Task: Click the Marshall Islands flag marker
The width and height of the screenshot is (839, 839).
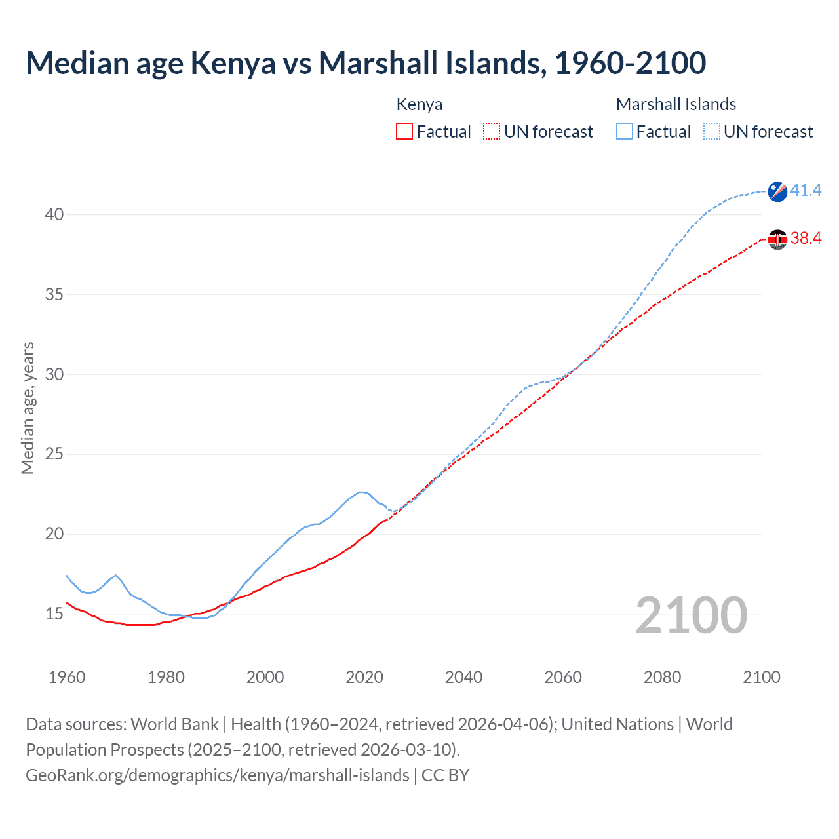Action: [x=777, y=191]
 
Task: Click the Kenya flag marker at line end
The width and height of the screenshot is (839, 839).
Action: [x=777, y=240]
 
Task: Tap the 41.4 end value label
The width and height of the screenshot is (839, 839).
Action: [x=806, y=191]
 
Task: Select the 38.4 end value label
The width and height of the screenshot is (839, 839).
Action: [x=806, y=239]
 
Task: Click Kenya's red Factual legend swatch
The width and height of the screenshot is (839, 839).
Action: [x=404, y=131]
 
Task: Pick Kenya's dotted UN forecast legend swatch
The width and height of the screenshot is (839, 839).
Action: [x=492, y=131]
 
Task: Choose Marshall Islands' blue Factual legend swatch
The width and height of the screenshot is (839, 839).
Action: [x=625, y=131]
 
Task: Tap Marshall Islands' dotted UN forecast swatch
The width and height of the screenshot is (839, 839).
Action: [x=712, y=131]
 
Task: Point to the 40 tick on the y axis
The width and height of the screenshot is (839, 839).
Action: [x=54, y=214]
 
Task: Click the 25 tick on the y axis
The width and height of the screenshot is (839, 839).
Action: [x=54, y=454]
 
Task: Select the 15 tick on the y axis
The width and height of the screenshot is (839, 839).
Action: [x=54, y=614]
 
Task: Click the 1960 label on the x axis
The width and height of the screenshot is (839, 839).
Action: [x=67, y=677]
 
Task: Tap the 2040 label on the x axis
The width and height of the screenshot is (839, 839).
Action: [x=463, y=677]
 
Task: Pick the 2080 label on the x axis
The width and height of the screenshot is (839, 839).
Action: [x=662, y=677]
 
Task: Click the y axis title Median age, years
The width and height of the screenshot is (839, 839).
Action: [x=28, y=408]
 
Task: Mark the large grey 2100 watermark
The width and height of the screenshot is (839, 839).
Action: [x=691, y=615]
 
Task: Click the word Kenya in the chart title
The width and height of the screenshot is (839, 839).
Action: [x=233, y=63]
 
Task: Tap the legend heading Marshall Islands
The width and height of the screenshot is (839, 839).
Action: [x=676, y=104]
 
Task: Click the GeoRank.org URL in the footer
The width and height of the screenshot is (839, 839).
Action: [x=217, y=775]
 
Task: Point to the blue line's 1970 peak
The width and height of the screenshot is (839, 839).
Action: [x=116, y=576]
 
